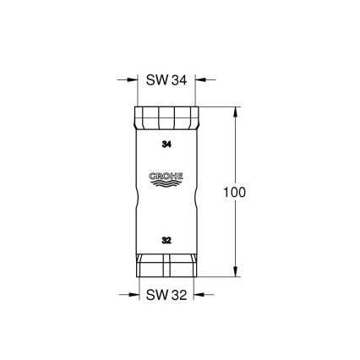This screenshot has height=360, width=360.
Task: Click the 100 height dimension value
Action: (234, 192)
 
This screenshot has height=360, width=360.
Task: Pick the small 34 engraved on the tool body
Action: (166, 145)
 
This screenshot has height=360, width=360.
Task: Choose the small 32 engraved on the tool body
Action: (166, 240)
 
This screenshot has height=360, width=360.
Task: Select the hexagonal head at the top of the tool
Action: (166, 116)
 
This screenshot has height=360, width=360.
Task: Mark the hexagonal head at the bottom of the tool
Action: (166, 267)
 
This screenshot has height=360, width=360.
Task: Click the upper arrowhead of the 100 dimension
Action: (234, 111)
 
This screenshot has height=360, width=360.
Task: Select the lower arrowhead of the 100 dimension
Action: (234, 271)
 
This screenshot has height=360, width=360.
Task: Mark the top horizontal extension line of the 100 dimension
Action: (220, 106)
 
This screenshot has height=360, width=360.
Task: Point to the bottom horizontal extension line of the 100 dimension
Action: (220, 276)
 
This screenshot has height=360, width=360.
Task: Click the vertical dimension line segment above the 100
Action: (234, 148)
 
